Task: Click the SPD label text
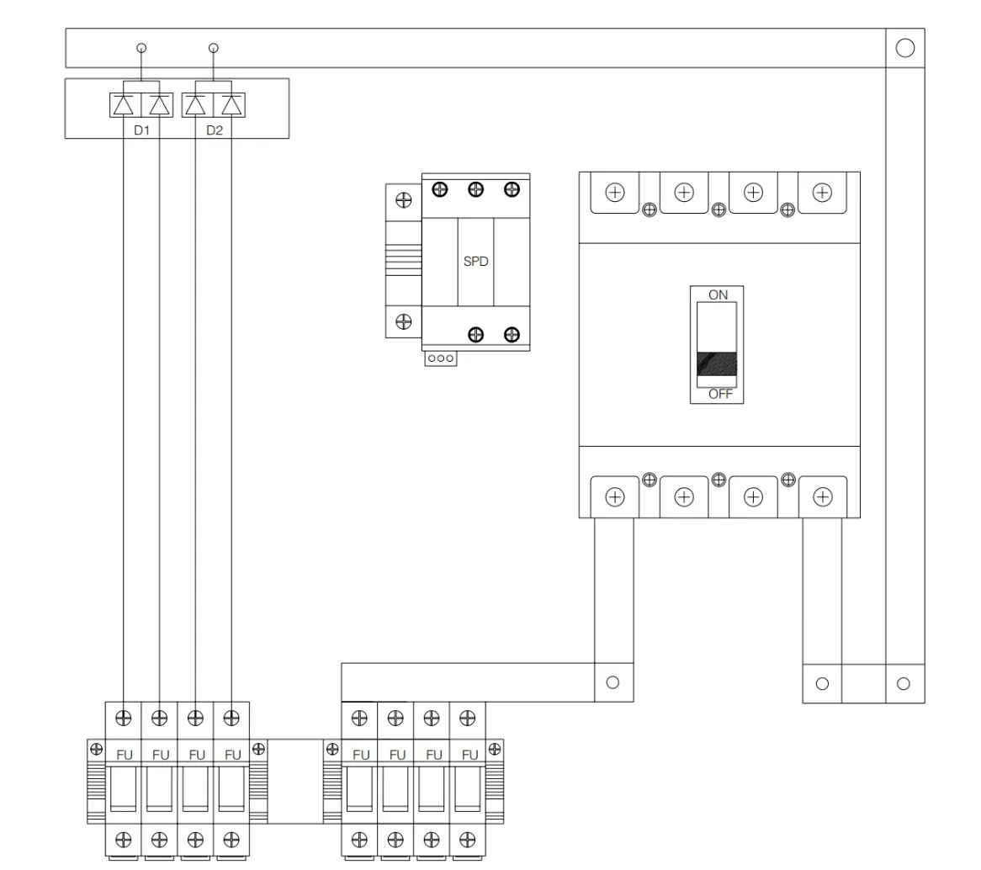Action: point(475,262)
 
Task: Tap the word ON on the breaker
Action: point(718,294)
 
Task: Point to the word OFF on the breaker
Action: point(720,394)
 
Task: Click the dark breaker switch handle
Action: point(717,363)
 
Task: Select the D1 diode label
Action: point(142,130)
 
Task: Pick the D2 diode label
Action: point(214,130)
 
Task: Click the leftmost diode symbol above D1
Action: point(123,105)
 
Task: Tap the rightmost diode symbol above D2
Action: point(231,105)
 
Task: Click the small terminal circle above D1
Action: point(141,48)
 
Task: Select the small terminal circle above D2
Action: point(214,48)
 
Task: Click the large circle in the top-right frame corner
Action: point(904,48)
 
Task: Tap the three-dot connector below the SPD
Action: point(441,358)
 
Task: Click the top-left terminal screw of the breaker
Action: point(615,192)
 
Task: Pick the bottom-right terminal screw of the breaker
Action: point(822,497)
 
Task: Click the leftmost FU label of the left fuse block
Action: point(125,755)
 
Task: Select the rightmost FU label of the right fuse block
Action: point(469,755)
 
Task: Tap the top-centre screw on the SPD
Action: point(475,189)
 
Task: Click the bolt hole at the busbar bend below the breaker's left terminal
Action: point(613,682)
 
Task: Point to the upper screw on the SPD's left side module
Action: point(404,200)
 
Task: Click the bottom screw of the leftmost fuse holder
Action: point(123,840)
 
